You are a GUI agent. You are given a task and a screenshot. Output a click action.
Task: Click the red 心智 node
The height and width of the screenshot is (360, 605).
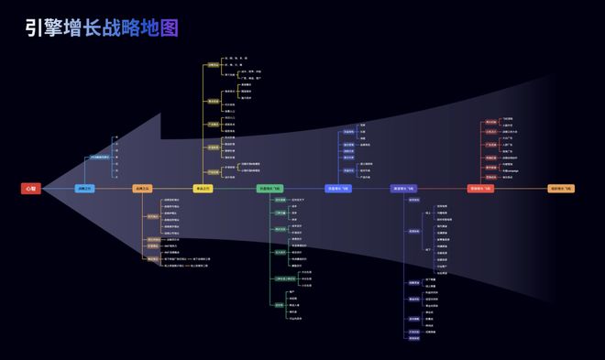pyautogui.click(x=30, y=189)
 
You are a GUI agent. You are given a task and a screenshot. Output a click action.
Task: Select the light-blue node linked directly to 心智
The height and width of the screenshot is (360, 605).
pyautogui.click(x=84, y=189)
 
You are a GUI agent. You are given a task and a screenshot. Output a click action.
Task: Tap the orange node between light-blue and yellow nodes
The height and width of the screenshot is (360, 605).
pyautogui.click(x=142, y=189)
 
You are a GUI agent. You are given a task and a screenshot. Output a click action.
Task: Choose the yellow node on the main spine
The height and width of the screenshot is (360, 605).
pyautogui.click(x=203, y=189)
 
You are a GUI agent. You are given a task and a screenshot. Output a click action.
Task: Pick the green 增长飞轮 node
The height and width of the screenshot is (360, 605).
pyautogui.click(x=270, y=189)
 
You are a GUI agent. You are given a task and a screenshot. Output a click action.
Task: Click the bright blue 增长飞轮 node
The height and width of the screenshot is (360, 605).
pyautogui.click(x=338, y=189)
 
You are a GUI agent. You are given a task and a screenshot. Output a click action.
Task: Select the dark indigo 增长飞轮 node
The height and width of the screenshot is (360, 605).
pyautogui.click(x=404, y=189)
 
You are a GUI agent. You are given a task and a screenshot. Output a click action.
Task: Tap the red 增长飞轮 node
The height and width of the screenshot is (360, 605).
pyautogui.click(x=481, y=189)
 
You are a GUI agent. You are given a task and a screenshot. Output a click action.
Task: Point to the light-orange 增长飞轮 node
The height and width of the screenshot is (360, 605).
pyautogui.click(x=561, y=189)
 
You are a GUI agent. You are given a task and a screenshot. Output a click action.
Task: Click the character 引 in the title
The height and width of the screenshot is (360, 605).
pyautogui.click(x=35, y=28)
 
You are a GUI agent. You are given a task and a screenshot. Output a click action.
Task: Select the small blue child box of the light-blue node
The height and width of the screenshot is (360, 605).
pyautogui.click(x=99, y=158)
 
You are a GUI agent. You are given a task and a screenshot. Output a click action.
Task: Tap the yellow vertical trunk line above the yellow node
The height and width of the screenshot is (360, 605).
pyautogui.click(x=203, y=128)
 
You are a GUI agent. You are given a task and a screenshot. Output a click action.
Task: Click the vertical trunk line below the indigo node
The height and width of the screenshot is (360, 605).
pyautogui.click(x=404, y=266)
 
